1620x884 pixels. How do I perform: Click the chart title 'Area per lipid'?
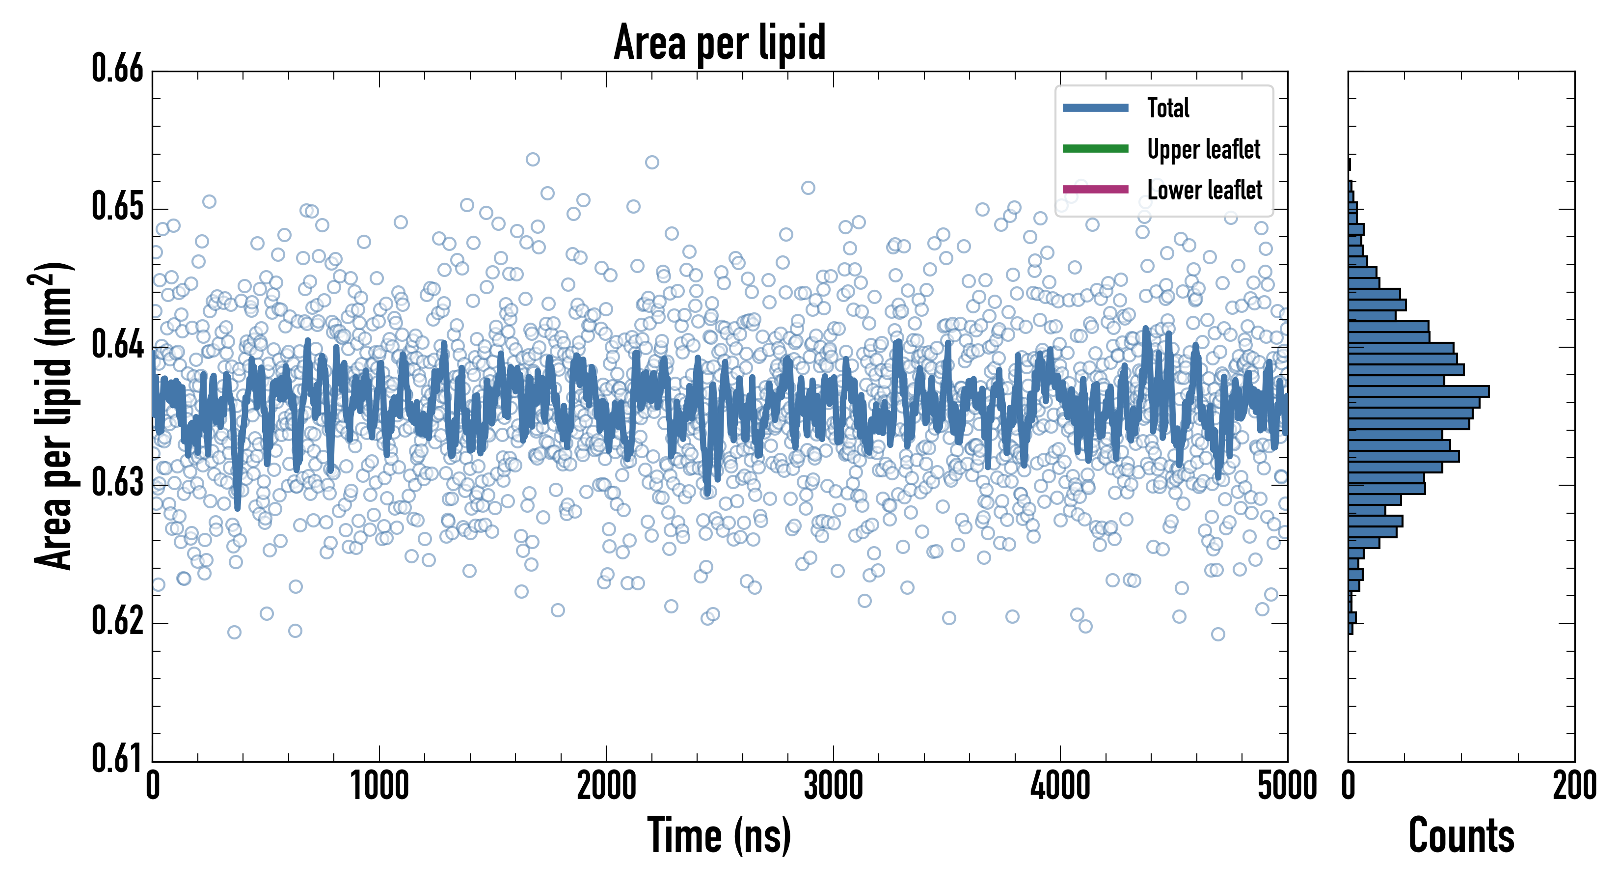coord(720,42)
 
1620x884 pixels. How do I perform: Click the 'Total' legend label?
coord(1168,108)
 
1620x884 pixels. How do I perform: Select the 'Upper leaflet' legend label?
coord(1203,149)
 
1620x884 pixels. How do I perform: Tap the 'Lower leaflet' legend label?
coord(1204,190)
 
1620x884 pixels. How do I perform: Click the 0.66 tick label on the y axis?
coord(118,69)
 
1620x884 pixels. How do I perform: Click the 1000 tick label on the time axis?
coord(379,786)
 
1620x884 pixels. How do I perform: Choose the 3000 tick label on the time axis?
coord(833,786)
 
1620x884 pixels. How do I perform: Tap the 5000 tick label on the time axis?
coord(1287,786)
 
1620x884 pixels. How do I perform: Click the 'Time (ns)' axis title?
coord(720,835)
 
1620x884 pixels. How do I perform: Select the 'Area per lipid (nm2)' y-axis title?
coord(54,415)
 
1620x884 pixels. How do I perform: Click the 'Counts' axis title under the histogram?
coord(1461,835)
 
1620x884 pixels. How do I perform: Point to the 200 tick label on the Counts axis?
coord(1574,786)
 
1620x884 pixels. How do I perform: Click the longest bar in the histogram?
coord(1418,391)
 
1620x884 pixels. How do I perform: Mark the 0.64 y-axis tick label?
coord(118,345)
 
